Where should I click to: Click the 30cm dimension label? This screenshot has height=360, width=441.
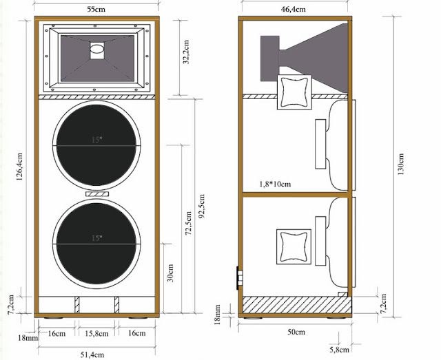pyautogui.click(x=173, y=274)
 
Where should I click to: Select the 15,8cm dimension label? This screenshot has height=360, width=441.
pyautogui.click(x=96, y=334)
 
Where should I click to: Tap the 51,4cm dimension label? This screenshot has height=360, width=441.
pyautogui.click(x=96, y=354)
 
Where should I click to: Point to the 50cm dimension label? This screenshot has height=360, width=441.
pyautogui.click(x=296, y=332)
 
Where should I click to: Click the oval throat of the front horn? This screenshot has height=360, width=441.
pyautogui.click(x=96, y=50)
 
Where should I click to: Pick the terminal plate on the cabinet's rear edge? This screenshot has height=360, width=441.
pyautogui.click(x=240, y=275)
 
